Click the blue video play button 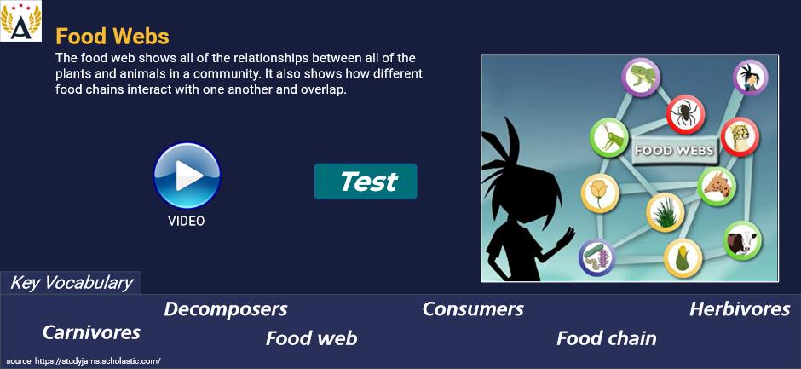pos(187,176)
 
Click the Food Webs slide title pos(112,37)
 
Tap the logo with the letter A pos(21,21)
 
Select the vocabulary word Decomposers pos(226,309)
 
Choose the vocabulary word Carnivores pos(91,332)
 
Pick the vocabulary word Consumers pos(473,309)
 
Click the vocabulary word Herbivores pos(740,309)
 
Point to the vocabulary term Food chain pos(607,338)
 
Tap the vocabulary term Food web pos(312,338)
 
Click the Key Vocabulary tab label pos(72,283)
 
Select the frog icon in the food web pos(641,77)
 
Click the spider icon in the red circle pos(685,114)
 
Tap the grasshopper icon pos(608,136)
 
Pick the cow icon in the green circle pos(742,240)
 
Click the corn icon pos(683,257)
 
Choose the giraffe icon pos(716,186)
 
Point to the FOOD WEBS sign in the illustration pos(674,151)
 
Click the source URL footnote pos(84,360)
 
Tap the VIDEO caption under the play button pos(187,221)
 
